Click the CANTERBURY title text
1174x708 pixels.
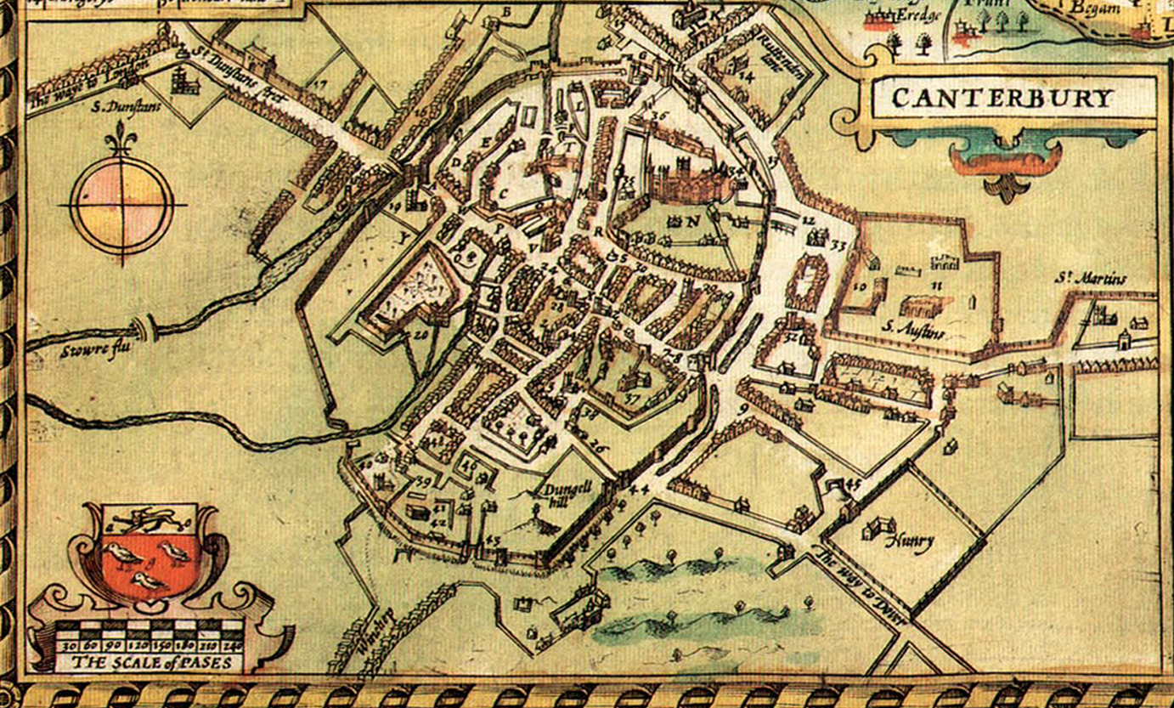point(1002,99)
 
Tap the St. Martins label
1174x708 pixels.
point(1091,280)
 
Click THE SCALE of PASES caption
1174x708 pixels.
point(151,662)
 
